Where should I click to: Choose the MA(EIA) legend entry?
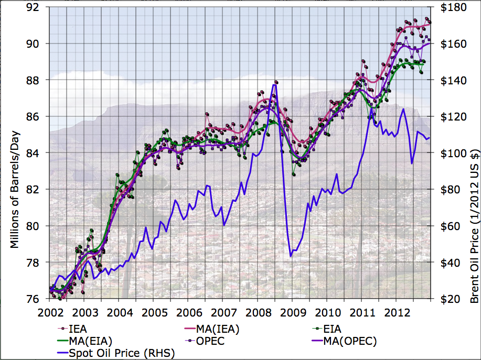point(91,341)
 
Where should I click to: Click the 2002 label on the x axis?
point(50,312)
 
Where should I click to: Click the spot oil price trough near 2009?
point(291,256)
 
